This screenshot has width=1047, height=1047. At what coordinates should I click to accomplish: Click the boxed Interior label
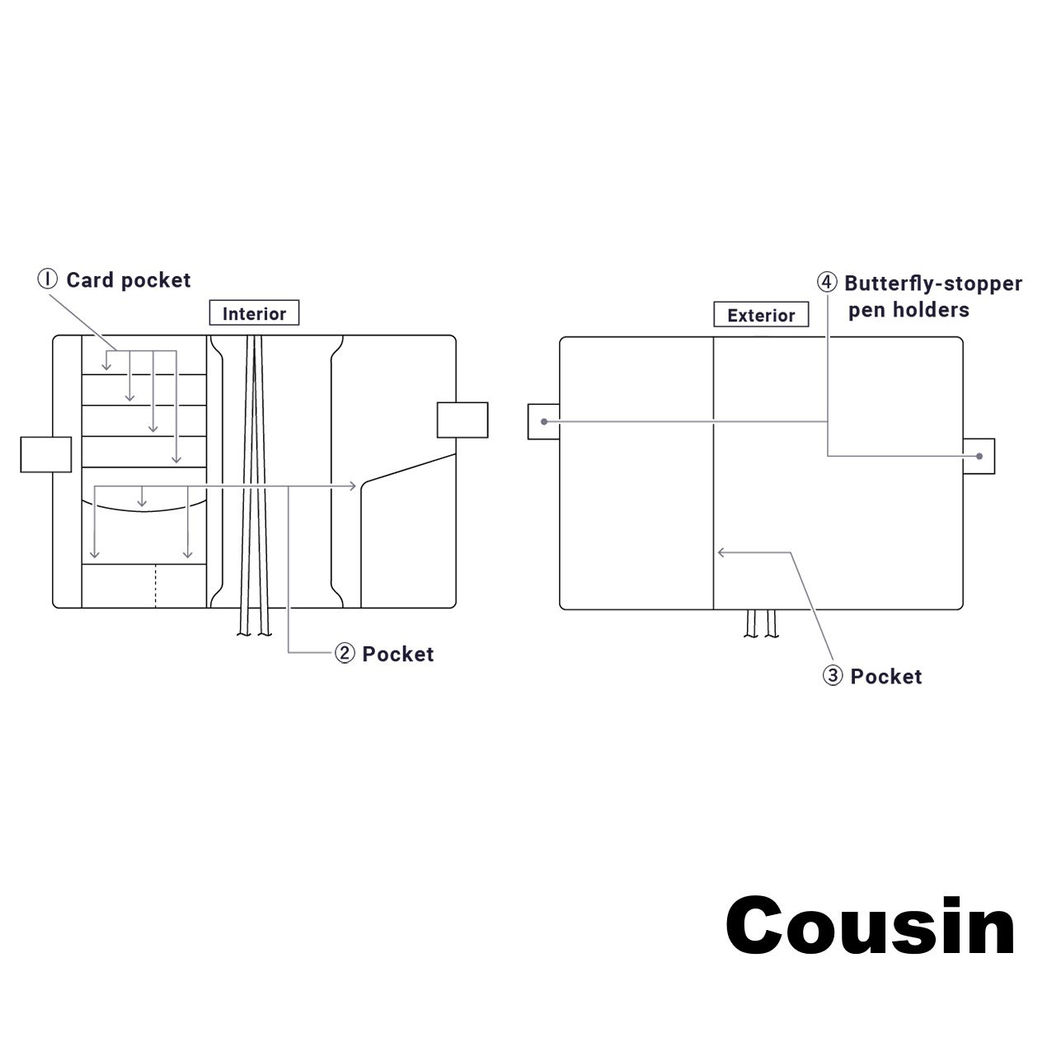[x=254, y=313]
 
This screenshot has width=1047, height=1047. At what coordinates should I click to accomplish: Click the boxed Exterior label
[x=761, y=315]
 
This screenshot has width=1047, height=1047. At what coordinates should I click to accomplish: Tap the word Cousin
[x=870, y=927]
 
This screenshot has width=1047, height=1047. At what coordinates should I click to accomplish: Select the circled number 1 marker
[x=48, y=279]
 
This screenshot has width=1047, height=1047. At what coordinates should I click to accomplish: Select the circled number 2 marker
[x=345, y=654]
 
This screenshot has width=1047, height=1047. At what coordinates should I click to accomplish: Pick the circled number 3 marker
[x=833, y=676]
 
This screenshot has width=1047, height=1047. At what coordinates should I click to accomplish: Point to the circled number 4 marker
[x=827, y=283]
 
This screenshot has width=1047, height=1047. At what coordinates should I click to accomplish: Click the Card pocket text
[x=129, y=280]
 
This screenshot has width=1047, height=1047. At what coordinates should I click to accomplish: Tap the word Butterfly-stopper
[x=933, y=284]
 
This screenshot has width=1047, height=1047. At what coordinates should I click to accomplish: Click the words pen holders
[x=908, y=310]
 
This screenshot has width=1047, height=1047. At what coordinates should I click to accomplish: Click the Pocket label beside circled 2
[x=398, y=654]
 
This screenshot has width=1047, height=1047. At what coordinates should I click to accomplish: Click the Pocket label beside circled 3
[x=886, y=676]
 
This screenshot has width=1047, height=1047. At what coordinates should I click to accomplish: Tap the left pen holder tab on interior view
[x=45, y=454]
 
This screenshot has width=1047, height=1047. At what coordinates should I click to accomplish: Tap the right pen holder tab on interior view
[x=462, y=420]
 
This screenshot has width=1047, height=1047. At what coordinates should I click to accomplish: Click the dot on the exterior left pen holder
[x=544, y=421]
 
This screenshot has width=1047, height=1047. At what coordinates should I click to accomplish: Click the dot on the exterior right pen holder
[x=979, y=456]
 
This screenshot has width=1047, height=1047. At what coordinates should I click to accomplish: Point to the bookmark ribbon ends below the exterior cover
[x=761, y=624]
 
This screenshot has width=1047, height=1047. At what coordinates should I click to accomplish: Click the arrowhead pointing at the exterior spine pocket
[x=721, y=552]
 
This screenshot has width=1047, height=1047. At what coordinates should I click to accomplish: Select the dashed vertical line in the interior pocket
[x=155, y=586]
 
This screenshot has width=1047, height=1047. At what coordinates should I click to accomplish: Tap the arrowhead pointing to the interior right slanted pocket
[x=354, y=486]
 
